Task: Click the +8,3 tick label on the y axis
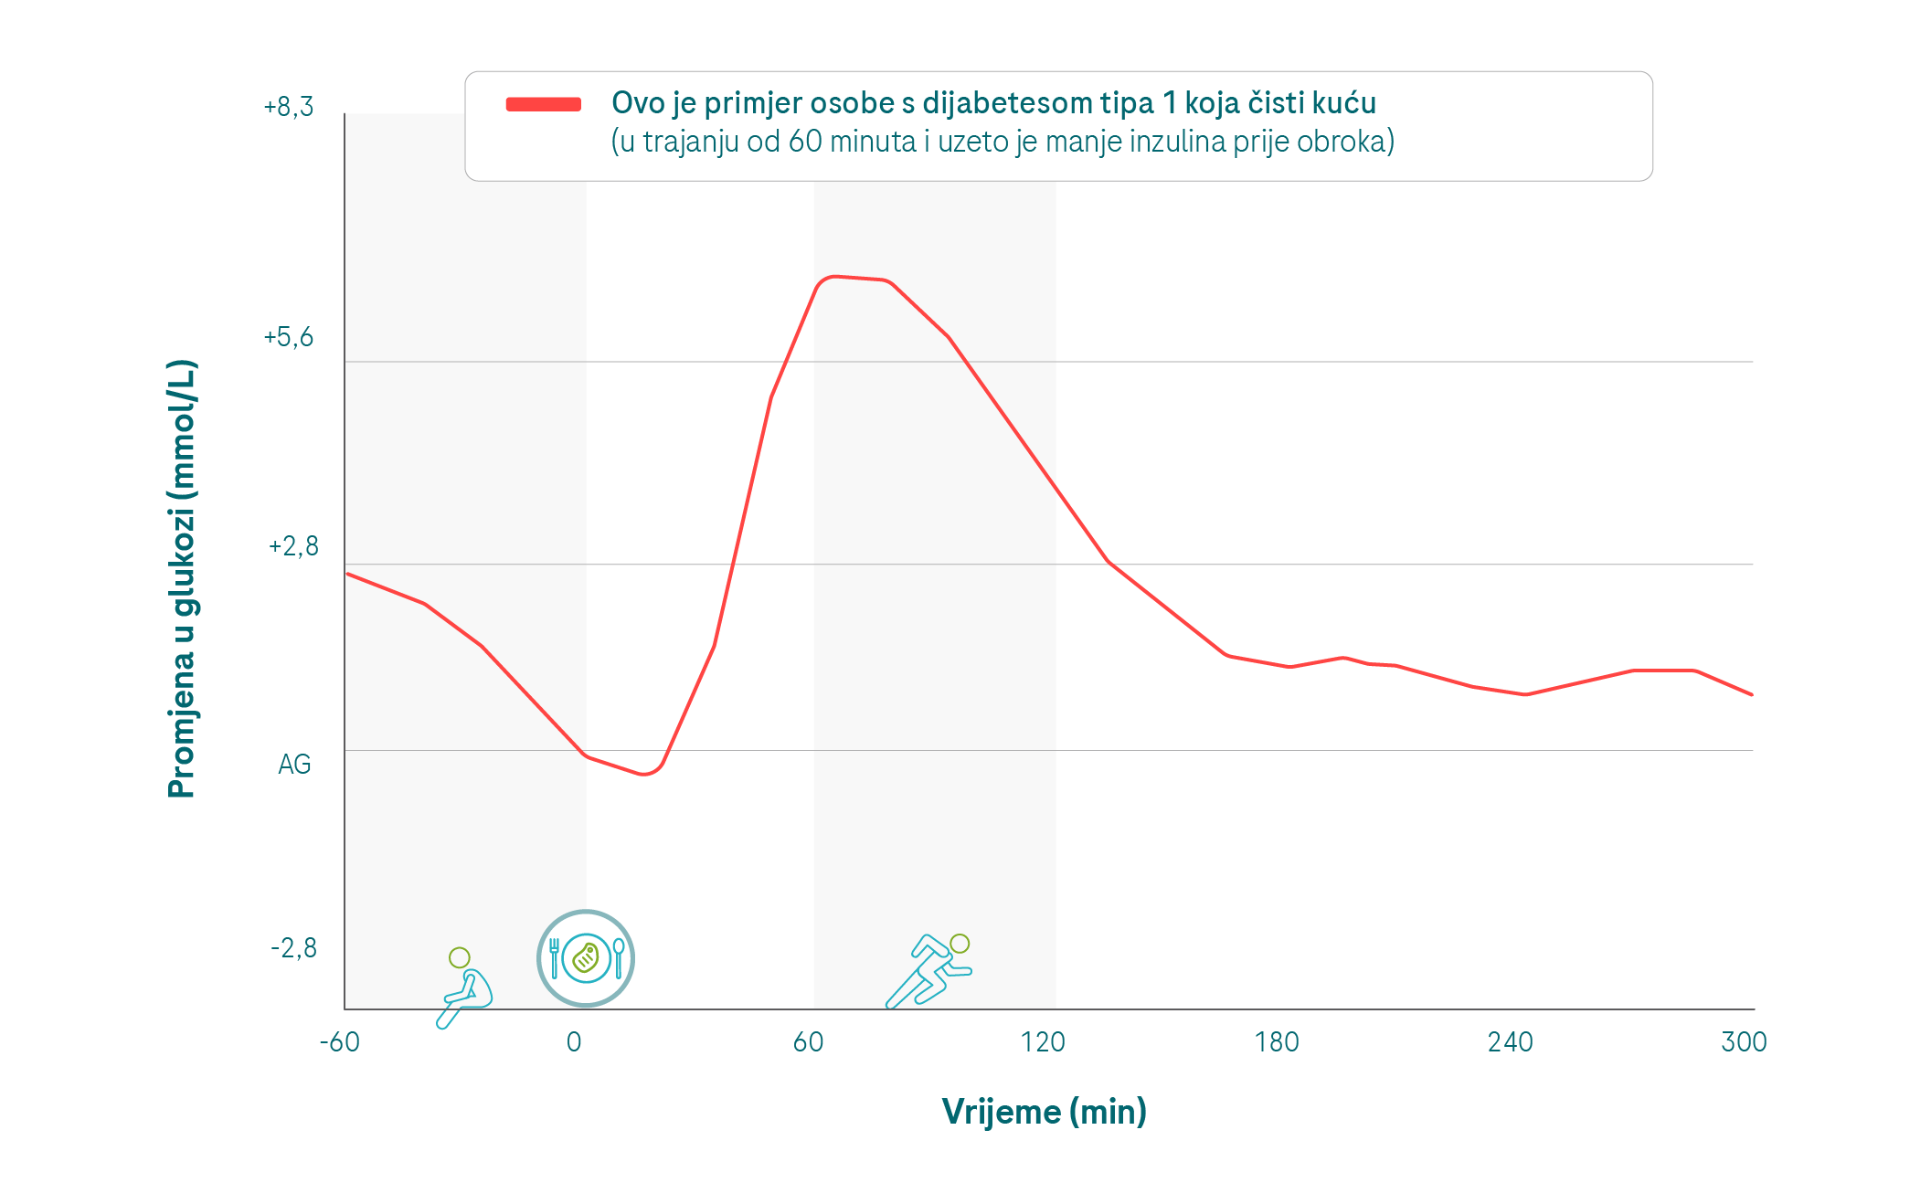click(x=289, y=108)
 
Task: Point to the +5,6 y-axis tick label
click(x=289, y=338)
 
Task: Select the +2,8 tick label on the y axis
click(x=293, y=547)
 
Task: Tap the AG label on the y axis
click(x=294, y=765)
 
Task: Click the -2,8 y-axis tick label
click(x=293, y=948)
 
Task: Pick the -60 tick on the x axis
click(x=339, y=1042)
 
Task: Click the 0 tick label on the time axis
click(x=574, y=1042)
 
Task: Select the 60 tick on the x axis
click(x=809, y=1042)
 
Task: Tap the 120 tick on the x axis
click(x=1043, y=1042)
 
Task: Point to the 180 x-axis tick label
click(x=1277, y=1042)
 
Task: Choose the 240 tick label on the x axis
click(x=1511, y=1042)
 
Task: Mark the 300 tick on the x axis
click(x=1744, y=1042)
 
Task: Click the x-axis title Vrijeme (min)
click(x=1044, y=1112)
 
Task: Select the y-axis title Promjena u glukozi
click(x=182, y=579)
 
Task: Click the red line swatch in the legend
click(x=544, y=104)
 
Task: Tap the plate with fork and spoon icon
click(x=586, y=958)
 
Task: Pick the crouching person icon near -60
click(x=465, y=988)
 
